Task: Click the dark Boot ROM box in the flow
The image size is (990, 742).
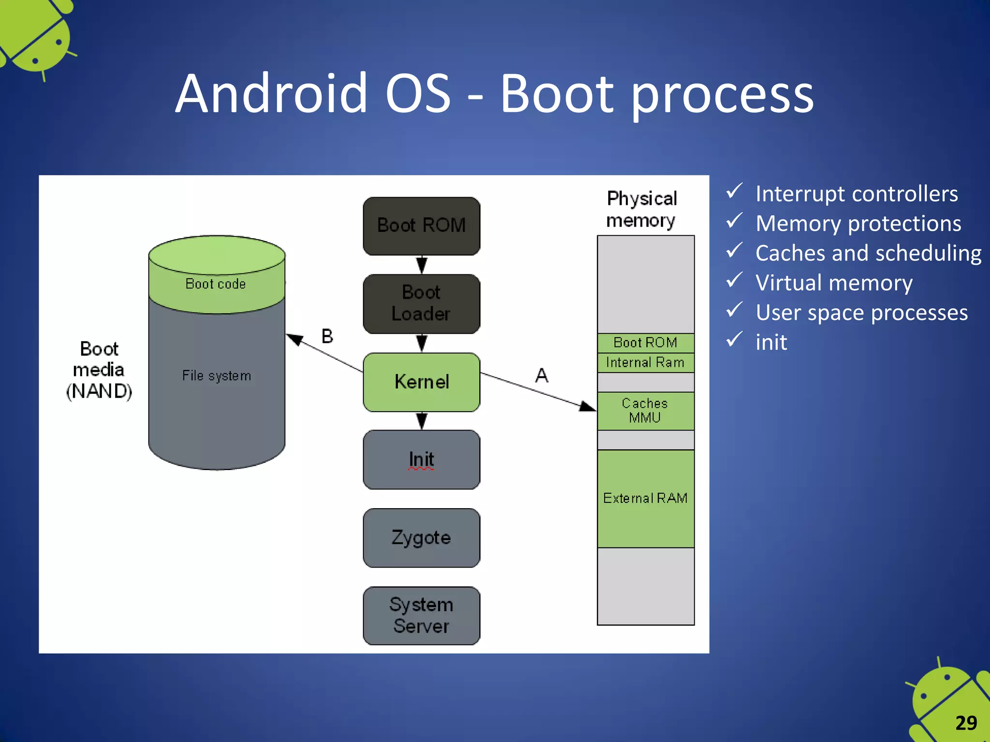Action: click(421, 226)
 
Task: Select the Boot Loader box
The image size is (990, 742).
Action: click(421, 303)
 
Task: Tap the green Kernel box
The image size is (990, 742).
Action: click(421, 382)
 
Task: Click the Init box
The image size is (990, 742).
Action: click(421, 459)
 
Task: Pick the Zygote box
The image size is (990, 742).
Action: click(421, 538)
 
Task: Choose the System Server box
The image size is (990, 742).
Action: click(421, 615)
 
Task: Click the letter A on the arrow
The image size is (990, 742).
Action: click(541, 375)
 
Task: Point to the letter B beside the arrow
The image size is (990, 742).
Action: click(327, 336)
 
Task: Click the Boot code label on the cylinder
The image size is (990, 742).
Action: click(216, 284)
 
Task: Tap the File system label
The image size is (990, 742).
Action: click(217, 376)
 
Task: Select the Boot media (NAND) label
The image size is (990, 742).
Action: click(99, 370)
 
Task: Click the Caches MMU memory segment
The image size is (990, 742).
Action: click(645, 411)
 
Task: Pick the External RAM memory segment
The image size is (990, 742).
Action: click(645, 498)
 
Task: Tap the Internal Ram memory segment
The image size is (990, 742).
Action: click(645, 362)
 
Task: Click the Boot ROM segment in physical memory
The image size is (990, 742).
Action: click(645, 342)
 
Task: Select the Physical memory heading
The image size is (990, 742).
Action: click(641, 209)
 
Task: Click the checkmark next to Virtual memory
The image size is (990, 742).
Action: click(734, 280)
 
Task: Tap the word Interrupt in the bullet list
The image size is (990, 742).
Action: click(793, 194)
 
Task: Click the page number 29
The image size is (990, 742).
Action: click(966, 723)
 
